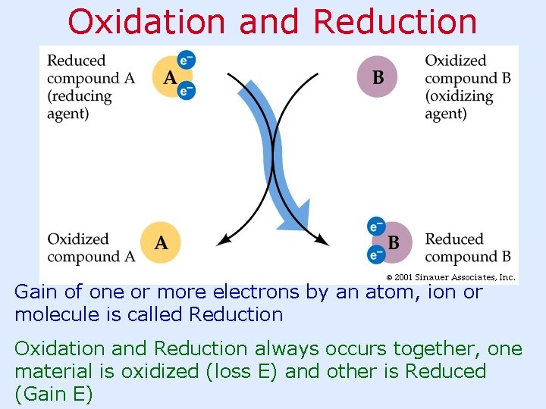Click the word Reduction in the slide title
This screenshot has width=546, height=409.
tap(395, 23)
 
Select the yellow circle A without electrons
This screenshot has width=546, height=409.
tap(162, 242)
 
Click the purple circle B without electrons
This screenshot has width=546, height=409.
tap(378, 77)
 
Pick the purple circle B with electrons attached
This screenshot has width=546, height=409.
tap(392, 242)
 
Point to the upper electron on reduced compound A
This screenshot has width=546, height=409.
tap(186, 60)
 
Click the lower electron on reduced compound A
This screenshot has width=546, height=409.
tap(186, 91)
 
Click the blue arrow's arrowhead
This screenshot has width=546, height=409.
tap(302, 215)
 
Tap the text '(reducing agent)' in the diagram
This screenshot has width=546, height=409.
tap(80, 105)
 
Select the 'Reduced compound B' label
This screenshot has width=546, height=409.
tap(467, 248)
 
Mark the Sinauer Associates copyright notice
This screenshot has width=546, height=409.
tap(451, 277)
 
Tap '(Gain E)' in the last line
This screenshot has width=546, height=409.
tap(53, 395)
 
